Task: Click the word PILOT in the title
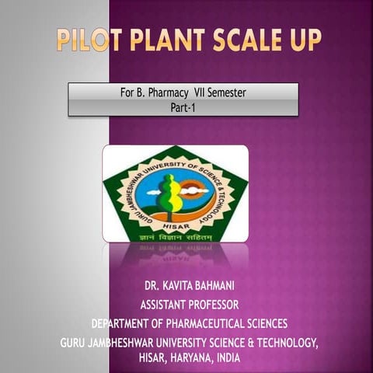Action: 87,40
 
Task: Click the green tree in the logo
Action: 169,193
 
